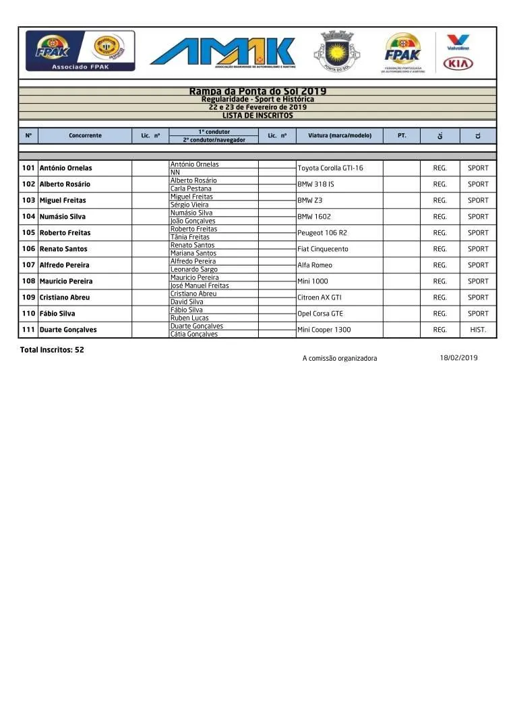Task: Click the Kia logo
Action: click(x=458, y=64)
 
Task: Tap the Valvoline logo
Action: click(x=458, y=42)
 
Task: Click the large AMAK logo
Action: click(x=222, y=52)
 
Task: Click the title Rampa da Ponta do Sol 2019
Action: click(x=257, y=92)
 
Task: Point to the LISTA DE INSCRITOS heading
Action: click(x=257, y=115)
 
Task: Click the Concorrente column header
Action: click(x=85, y=136)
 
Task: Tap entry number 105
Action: click(x=28, y=233)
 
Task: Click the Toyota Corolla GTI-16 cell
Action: click(x=330, y=168)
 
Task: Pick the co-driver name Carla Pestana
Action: click(x=191, y=188)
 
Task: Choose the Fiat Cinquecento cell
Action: click(x=323, y=249)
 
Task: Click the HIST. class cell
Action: click(x=478, y=330)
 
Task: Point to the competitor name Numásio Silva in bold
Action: click(x=62, y=217)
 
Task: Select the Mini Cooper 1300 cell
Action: click(x=324, y=330)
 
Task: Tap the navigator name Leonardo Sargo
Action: click(x=194, y=269)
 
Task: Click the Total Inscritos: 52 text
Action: click(x=52, y=350)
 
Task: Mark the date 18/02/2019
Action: click(x=458, y=358)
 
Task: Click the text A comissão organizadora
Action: click(x=340, y=359)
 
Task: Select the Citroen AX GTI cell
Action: click(x=320, y=298)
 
